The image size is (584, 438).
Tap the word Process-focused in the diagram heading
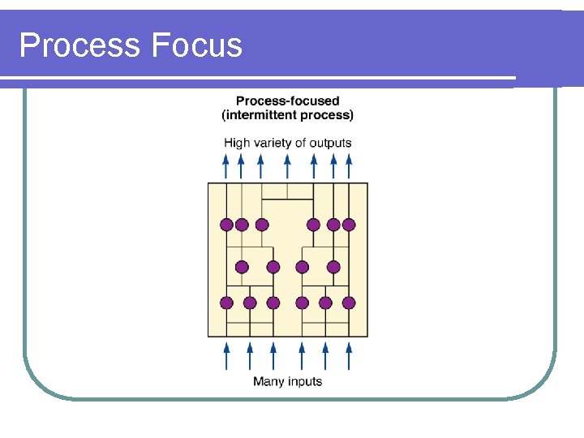(288, 101)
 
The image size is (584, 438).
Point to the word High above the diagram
(237, 143)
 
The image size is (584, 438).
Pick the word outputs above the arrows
(330, 143)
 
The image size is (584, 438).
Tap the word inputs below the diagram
(306, 381)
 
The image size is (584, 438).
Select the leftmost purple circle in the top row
(226, 225)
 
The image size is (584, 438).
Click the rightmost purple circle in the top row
(349, 225)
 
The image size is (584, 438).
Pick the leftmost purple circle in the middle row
(242, 266)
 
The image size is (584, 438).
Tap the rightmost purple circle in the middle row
(333, 266)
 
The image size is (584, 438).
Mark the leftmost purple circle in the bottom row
(226, 303)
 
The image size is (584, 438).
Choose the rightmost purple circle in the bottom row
(349, 303)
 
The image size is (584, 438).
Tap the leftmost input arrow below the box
(226, 356)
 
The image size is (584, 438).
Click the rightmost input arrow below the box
(349, 356)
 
